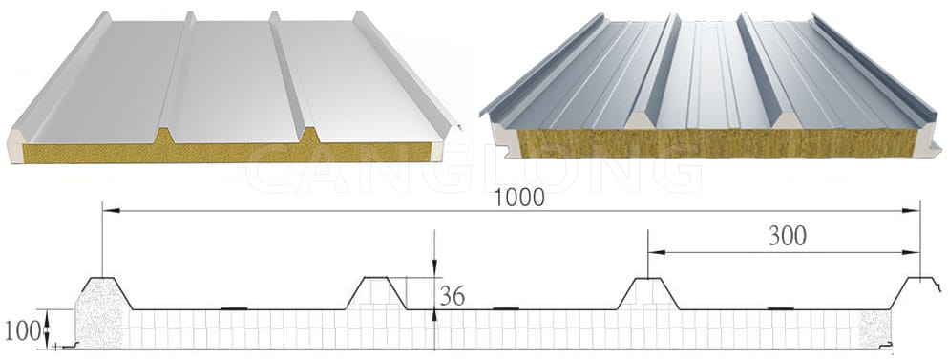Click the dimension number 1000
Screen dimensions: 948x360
coord(519,198)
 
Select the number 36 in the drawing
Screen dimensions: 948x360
coord(453,296)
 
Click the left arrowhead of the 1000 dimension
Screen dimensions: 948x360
coord(108,209)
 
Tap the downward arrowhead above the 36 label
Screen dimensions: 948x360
coord(435,270)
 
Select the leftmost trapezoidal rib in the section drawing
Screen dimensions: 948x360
coord(105,291)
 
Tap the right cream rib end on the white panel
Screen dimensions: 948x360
coord(309,136)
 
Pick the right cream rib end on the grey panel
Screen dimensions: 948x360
coord(786,121)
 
